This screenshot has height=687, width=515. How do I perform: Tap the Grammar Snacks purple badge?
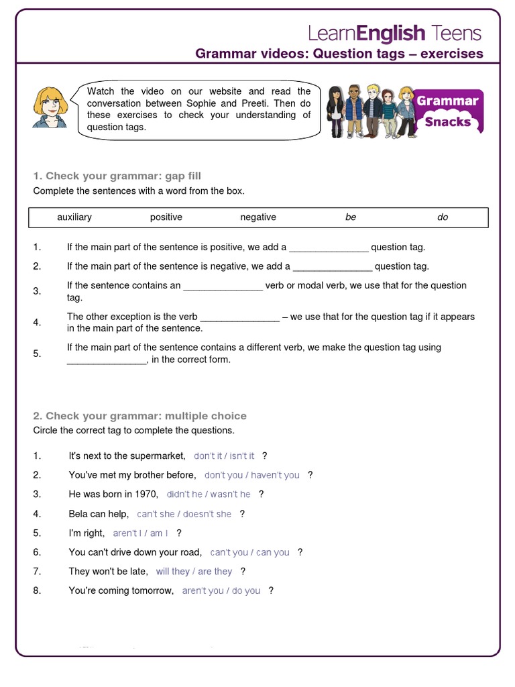[x=447, y=111]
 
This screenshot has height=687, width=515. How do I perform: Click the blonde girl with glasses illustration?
[x=50, y=107]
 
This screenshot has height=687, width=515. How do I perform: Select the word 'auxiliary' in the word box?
[x=74, y=217]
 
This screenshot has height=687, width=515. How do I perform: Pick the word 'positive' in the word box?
[x=166, y=217]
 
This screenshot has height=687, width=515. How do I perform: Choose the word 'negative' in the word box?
[x=258, y=217]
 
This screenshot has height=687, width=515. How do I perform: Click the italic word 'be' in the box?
[x=351, y=217]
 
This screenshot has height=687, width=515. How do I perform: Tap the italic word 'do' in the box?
[x=443, y=217]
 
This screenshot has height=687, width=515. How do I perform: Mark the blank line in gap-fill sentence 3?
[x=223, y=286]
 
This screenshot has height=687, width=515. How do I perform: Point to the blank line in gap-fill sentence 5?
[x=107, y=360]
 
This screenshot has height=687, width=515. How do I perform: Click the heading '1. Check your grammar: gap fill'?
[x=117, y=176]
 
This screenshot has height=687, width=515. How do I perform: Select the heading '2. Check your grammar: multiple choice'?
[x=139, y=416]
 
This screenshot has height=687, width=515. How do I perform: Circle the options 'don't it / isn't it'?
[x=224, y=456]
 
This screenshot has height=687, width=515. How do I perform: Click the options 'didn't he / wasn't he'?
[x=209, y=494]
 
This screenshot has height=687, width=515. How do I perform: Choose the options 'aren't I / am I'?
[x=140, y=533]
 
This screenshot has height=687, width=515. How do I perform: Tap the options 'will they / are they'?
[x=194, y=572]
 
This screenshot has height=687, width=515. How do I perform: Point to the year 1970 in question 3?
[x=145, y=494]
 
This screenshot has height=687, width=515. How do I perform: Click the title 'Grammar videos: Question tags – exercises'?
[x=339, y=54]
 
